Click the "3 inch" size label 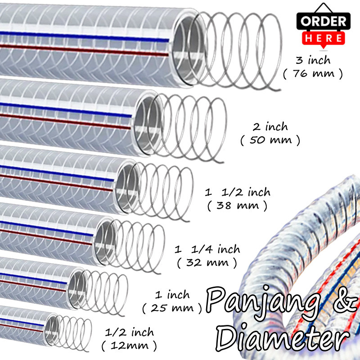click(x=313, y=60)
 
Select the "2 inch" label click(x=270, y=127)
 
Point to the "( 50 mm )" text click(x=270, y=140)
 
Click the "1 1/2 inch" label click(x=238, y=193)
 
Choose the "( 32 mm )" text click(x=207, y=262)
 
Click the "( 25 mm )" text click(x=172, y=308)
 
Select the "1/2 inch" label click(x=129, y=333)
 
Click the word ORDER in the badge click(x=324, y=21)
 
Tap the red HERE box click(x=324, y=38)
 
